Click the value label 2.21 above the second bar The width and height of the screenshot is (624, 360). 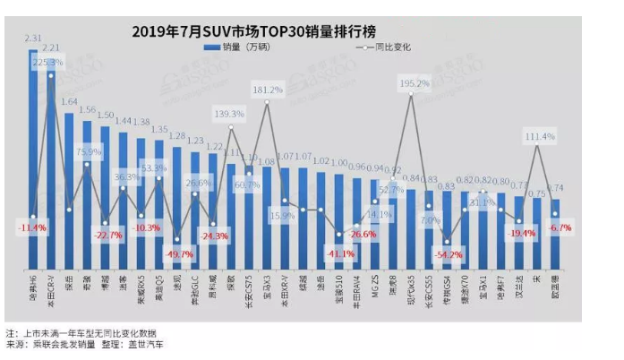pos(52,47)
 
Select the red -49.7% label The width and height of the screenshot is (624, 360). pos(180,255)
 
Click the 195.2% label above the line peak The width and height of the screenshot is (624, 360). pos(414,83)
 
